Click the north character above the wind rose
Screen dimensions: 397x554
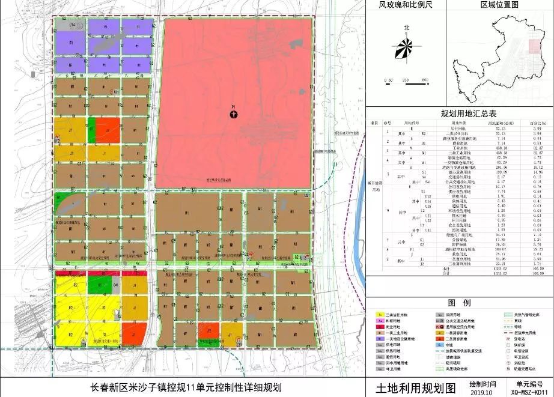tap(407, 28)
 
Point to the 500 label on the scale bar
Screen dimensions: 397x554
tap(425, 80)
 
